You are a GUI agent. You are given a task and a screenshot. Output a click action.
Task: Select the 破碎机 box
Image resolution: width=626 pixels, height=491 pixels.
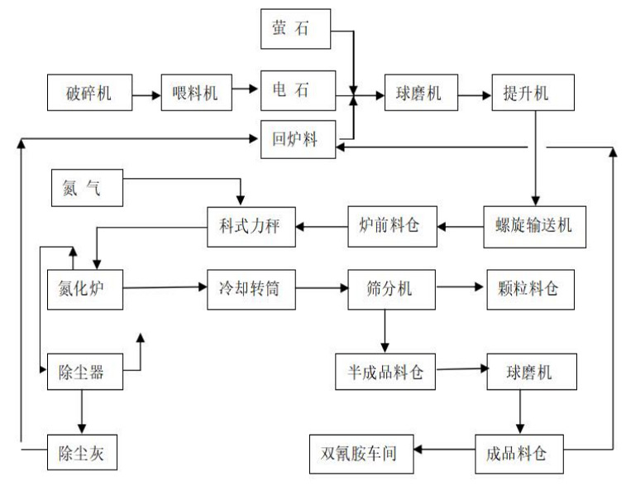(90, 94)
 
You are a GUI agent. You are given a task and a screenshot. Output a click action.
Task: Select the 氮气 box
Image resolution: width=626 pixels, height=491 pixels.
(87, 189)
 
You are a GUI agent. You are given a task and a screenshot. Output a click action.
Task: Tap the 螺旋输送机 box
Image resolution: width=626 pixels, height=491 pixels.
(533, 226)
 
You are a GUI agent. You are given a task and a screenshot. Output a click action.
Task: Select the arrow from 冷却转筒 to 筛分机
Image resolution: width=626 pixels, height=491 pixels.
(320, 288)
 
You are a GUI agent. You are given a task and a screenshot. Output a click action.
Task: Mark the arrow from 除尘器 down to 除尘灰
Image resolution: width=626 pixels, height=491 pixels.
(82, 412)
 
